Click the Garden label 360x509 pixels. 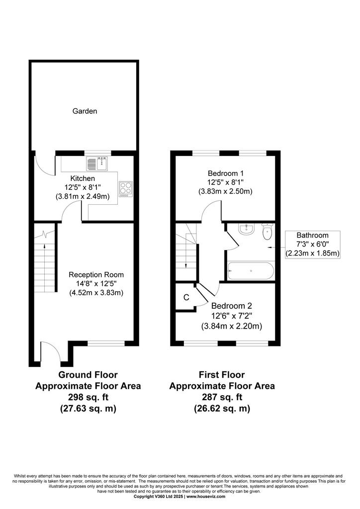[85, 111]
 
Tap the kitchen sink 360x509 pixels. [97, 163]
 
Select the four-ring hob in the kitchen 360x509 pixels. [126, 189]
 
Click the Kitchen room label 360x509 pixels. [83, 178]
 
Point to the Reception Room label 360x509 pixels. [96, 274]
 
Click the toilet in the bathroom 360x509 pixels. [267, 231]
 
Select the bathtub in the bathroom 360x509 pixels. [251, 271]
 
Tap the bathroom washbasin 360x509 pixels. [247, 229]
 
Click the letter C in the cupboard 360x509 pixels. [186, 297]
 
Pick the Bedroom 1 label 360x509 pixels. [226, 173]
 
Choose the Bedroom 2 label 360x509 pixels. [231, 306]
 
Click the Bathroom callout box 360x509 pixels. [313, 245]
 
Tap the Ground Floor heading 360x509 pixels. [88, 375]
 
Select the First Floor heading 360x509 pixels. [222, 375]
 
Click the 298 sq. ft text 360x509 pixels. [88, 397]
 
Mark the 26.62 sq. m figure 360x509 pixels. [222, 408]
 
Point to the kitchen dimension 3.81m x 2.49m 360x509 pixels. [83, 196]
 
